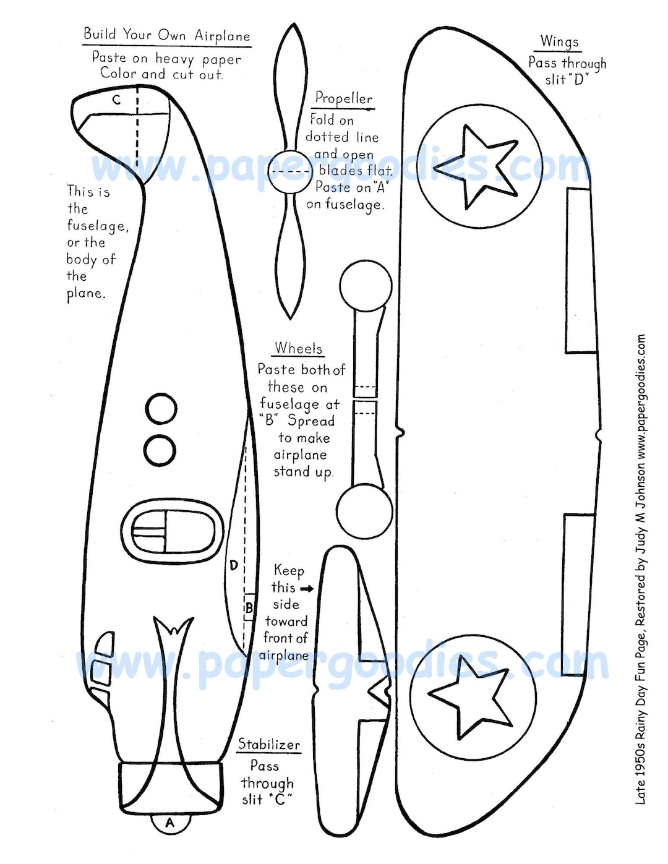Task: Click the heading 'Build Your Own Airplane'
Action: pyautogui.click(x=167, y=35)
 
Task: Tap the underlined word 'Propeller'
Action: pyautogui.click(x=344, y=98)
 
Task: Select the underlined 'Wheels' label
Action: pyautogui.click(x=299, y=349)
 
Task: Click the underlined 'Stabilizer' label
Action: pyautogui.click(x=269, y=745)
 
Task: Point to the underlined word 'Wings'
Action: pyautogui.click(x=559, y=41)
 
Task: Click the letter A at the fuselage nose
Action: pyautogui.click(x=169, y=823)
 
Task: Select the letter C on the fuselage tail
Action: pyautogui.click(x=116, y=100)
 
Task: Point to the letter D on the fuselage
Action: pyautogui.click(x=233, y=565)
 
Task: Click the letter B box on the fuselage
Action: pyautogui.click(x=249, y=608)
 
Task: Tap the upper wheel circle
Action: pyautogui.click(x=366, y=286)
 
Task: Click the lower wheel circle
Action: pyautogui.click(x=364, y=511)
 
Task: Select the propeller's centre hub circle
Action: pyautogui.click(x=290, y=171)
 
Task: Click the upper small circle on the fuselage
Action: pyautogui.click(x=161, y=409)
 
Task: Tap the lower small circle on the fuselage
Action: pyautogui.click(x=160, y=450)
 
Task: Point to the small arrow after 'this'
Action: pyautogui.click(x=306, y=589)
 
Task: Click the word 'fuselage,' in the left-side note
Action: pyautogui.click(x=98, y=226)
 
